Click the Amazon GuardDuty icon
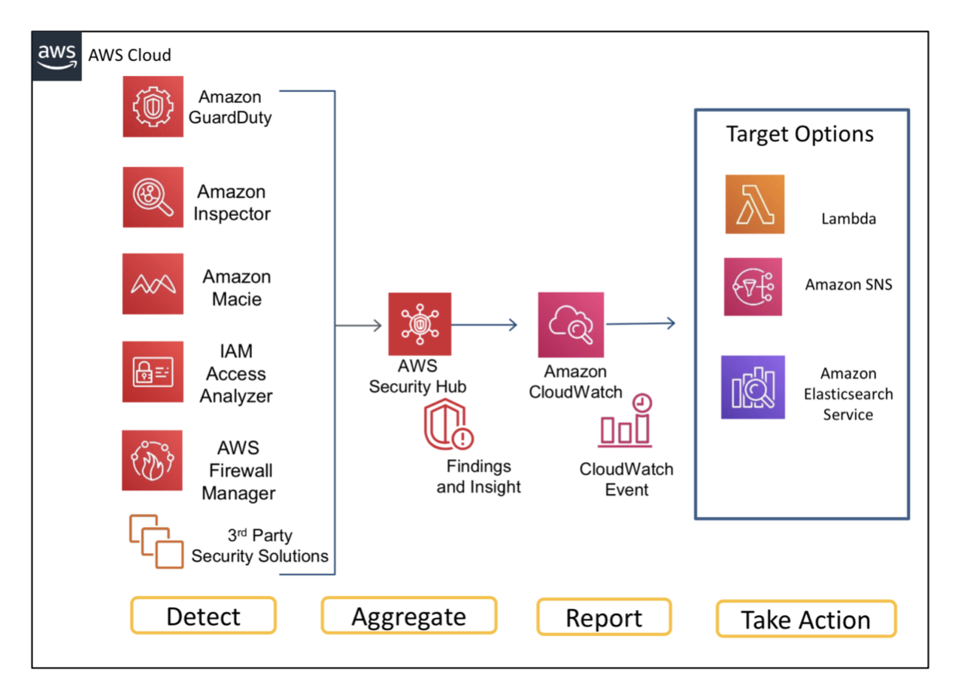[153, 107]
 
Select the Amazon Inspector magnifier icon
[153, 197]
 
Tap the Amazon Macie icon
[153, 284]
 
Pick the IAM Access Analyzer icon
[153, 372]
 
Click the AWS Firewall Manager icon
[152, 461]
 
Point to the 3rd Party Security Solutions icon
[156, 542]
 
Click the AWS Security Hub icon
[420, 324]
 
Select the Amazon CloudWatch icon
[571, 325]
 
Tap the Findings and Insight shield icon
[448, 425]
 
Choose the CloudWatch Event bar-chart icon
[625, 421]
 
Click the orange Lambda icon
[755, 205]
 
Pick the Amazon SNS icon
[753, 287]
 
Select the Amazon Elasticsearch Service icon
[753, 388]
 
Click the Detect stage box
[203, 616]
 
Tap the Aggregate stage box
[409, 616]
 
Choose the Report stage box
[604, 617]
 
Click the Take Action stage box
[806, 619]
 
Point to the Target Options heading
[800, 134]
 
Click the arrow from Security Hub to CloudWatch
[484, 325]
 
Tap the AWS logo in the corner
[56, 56]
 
